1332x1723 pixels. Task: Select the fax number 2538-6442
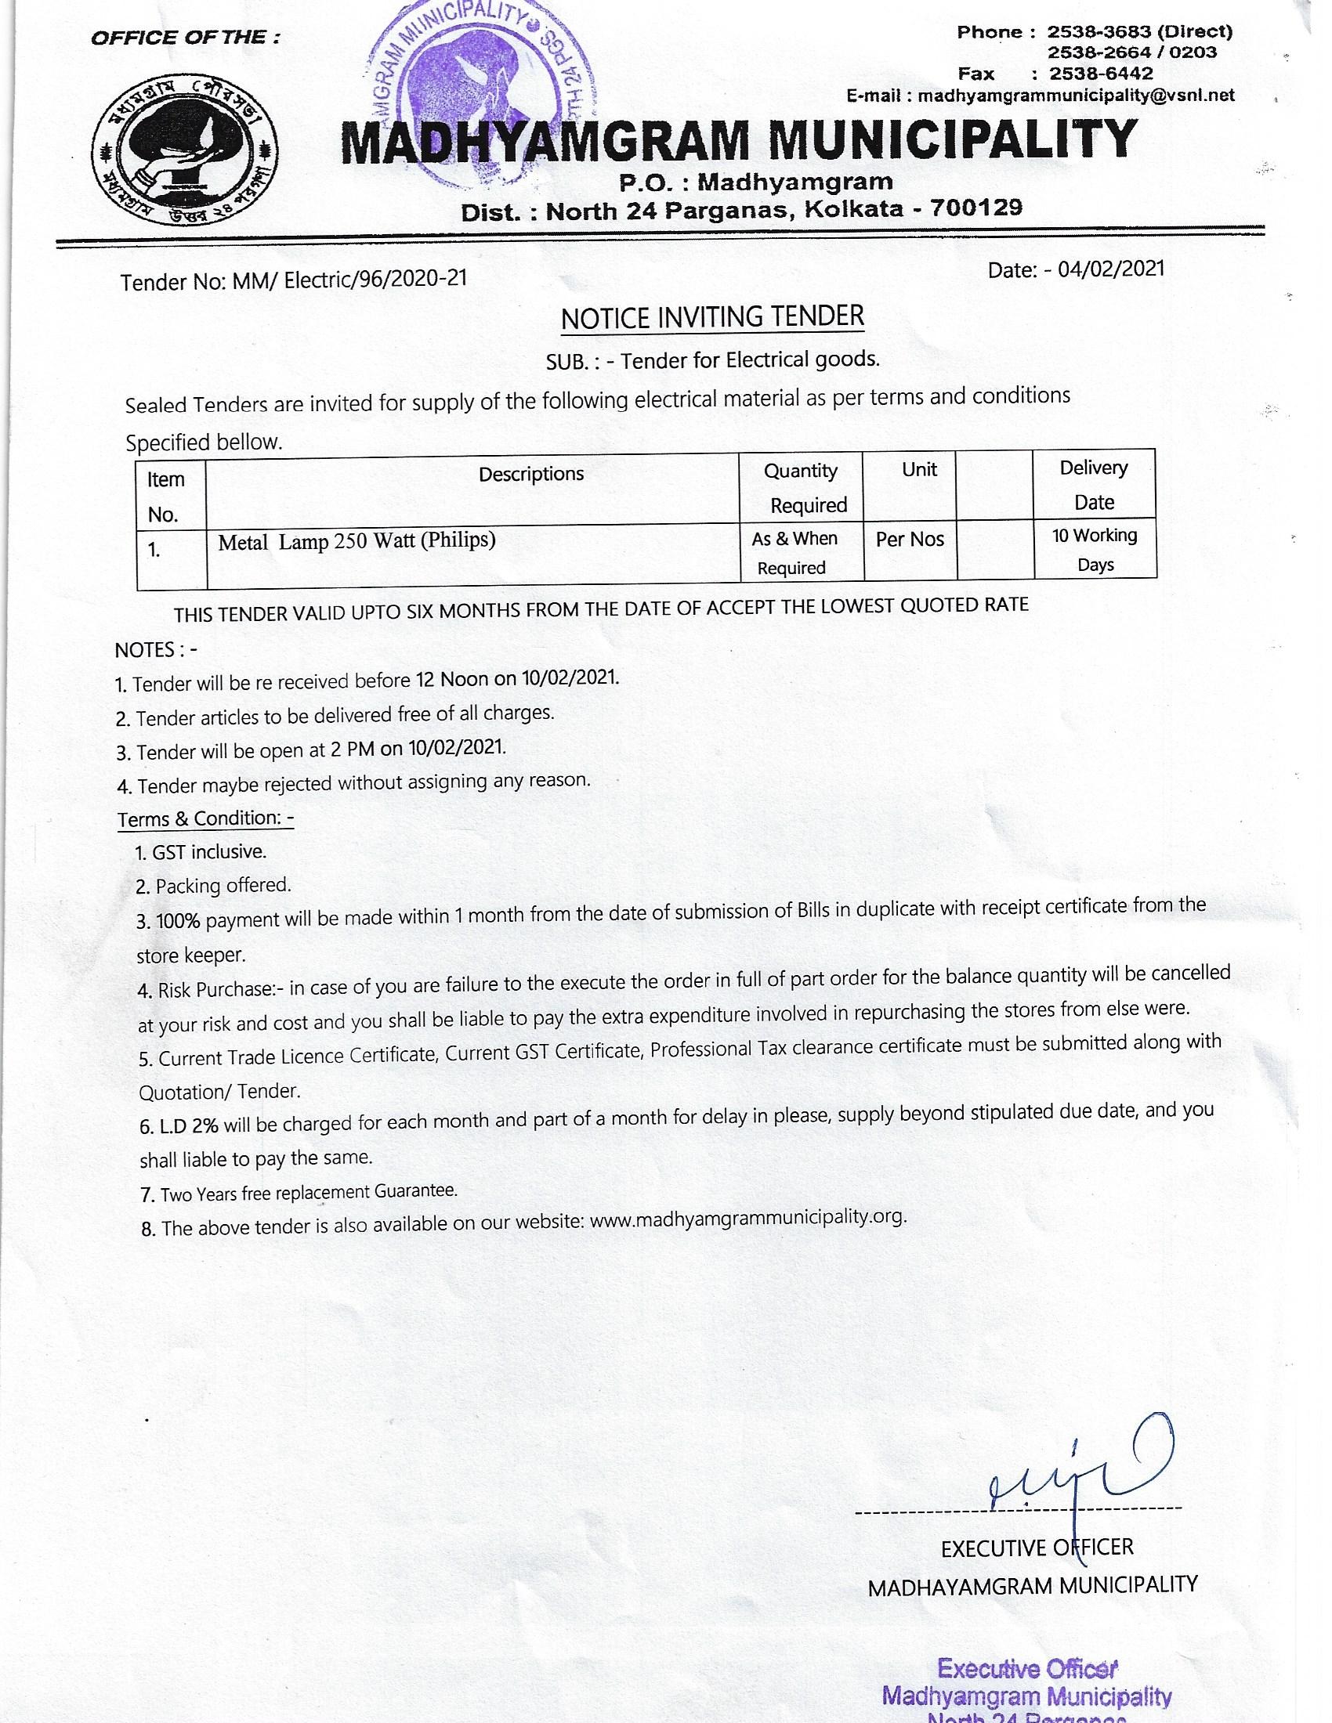(1101, 74)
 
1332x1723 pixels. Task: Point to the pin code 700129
(977, 208)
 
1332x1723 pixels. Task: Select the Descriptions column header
(531, 473)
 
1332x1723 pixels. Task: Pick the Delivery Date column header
(1094, 484)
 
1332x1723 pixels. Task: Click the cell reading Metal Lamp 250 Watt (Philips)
(357, 541)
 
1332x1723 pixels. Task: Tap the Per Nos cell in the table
(910, 539)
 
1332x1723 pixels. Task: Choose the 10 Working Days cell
(1095, 549)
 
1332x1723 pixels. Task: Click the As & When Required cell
(793, 552)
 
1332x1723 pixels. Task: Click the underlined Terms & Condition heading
(205, 818)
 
